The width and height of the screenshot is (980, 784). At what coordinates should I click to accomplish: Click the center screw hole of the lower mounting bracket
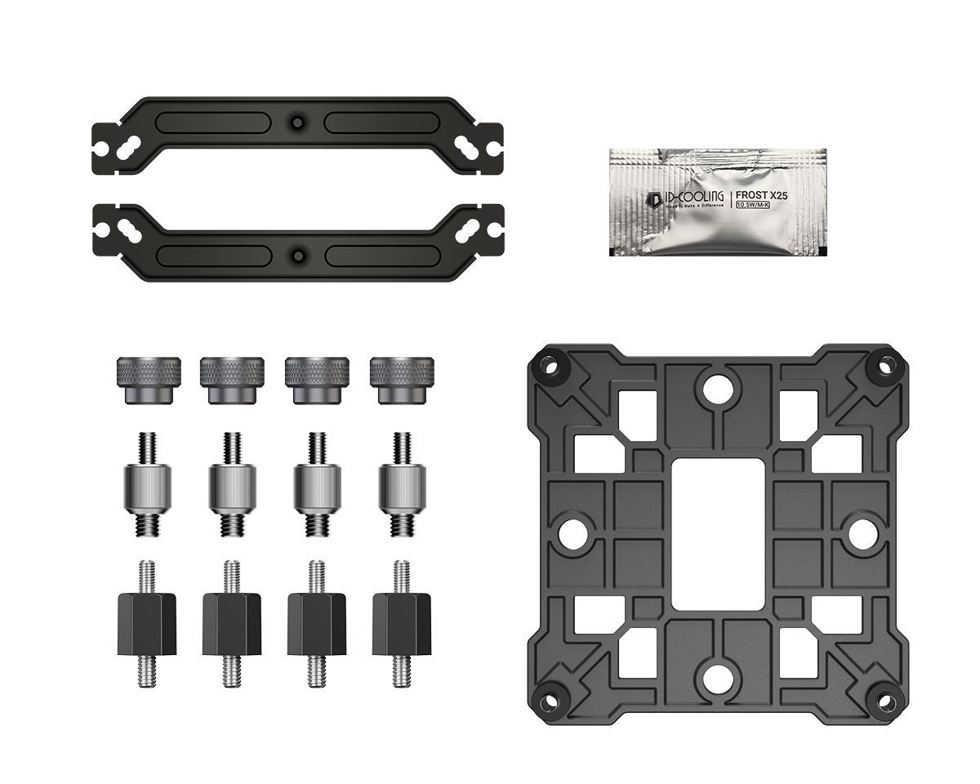297,255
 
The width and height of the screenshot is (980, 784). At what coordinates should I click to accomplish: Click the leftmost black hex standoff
148,622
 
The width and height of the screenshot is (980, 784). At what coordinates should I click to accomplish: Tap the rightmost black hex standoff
400,622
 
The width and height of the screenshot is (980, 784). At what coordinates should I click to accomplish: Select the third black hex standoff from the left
316,622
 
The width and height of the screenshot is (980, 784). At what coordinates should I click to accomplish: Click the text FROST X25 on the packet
764,195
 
